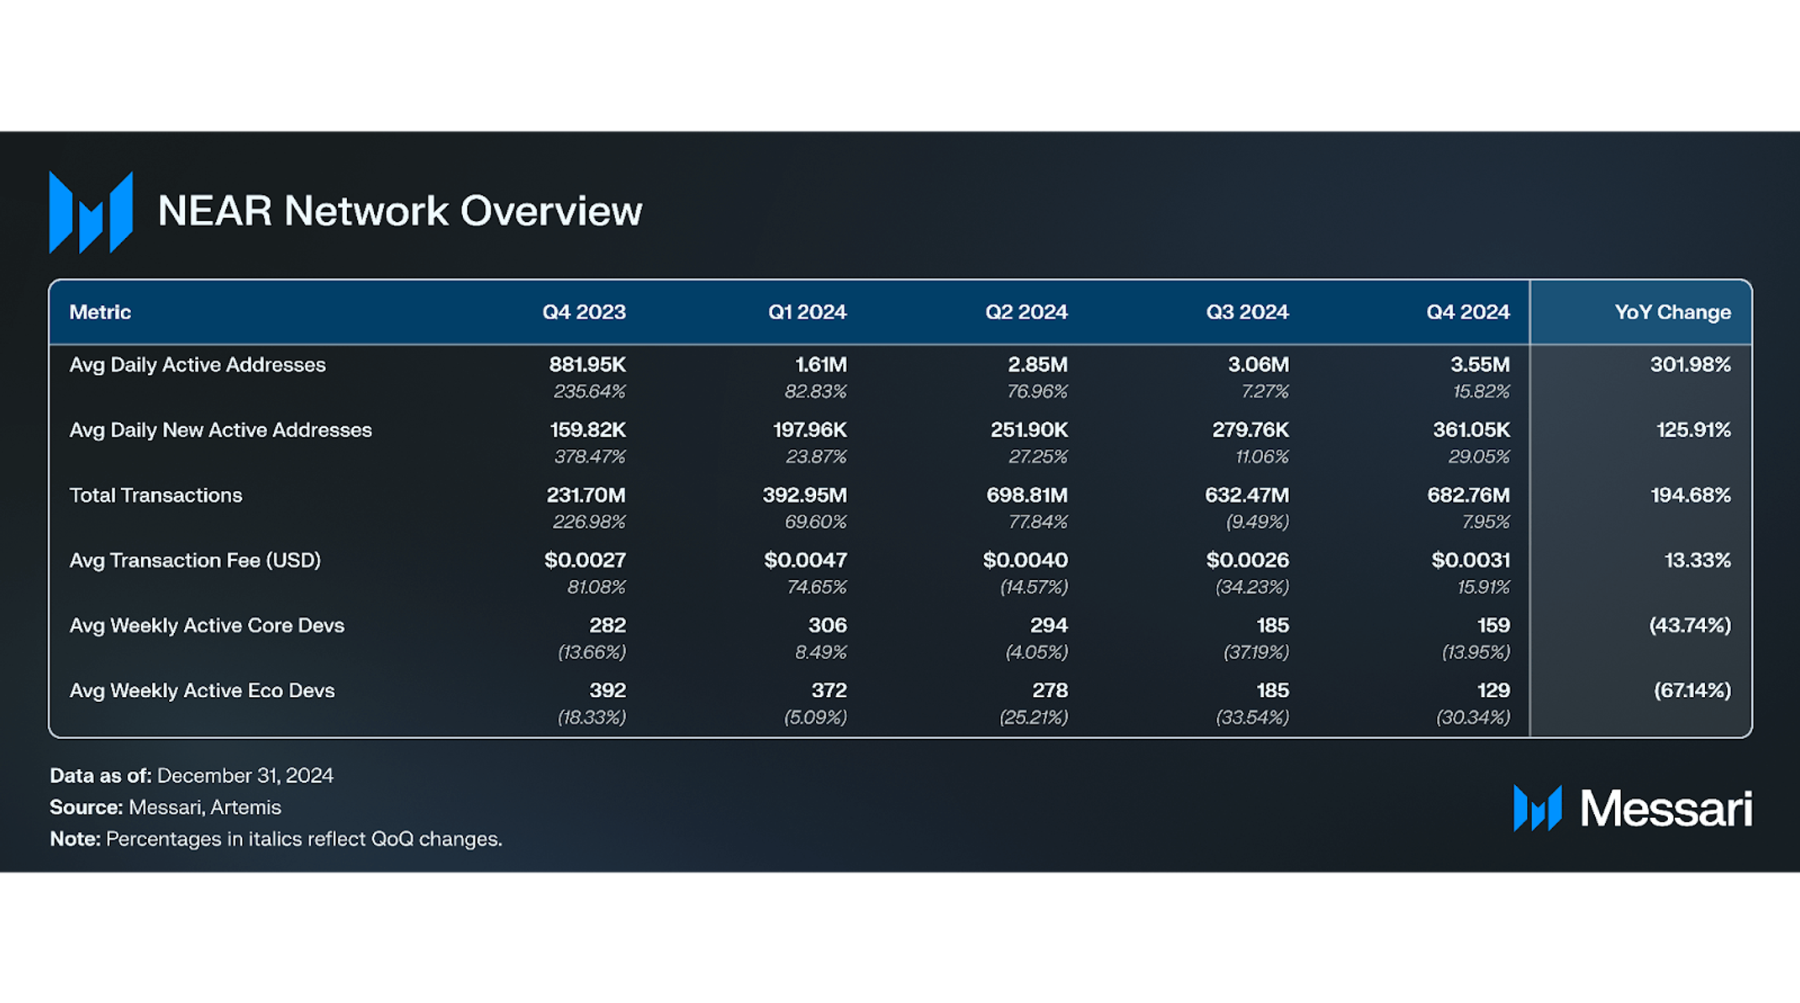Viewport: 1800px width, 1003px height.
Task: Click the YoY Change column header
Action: [1671, 313]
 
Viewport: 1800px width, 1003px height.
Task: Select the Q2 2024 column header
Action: [1026, 313]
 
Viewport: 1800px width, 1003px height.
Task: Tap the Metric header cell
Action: [100, 313]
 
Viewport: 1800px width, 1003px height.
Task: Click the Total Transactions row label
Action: [155, 495]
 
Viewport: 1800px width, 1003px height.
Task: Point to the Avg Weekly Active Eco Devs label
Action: [202, 690]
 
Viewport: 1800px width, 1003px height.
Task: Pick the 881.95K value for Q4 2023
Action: [587, 365]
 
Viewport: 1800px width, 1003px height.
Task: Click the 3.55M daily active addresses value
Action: [1479, 365]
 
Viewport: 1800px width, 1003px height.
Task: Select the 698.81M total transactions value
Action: [1026, 495]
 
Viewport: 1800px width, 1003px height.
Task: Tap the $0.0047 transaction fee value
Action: [805, 560]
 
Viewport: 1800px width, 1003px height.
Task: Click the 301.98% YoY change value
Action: [1690, 365]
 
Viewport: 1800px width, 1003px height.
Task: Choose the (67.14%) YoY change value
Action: [1692, 690]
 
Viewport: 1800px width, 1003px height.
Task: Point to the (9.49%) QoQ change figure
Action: [1256, 522]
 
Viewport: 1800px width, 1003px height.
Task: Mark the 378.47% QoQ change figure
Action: [589, 457]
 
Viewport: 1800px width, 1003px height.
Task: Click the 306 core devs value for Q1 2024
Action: [827, 626]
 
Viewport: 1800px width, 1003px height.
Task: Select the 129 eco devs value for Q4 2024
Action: [1492, 690]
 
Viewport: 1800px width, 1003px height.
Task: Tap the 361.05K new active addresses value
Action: [1471, 430]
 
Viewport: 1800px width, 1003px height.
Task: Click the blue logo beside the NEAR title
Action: [91, 212]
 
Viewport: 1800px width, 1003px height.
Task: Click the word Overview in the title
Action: [551, 211]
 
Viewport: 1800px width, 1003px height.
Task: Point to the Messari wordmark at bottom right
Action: [1665, 809]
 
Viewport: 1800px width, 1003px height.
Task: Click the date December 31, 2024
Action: [245, 775]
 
